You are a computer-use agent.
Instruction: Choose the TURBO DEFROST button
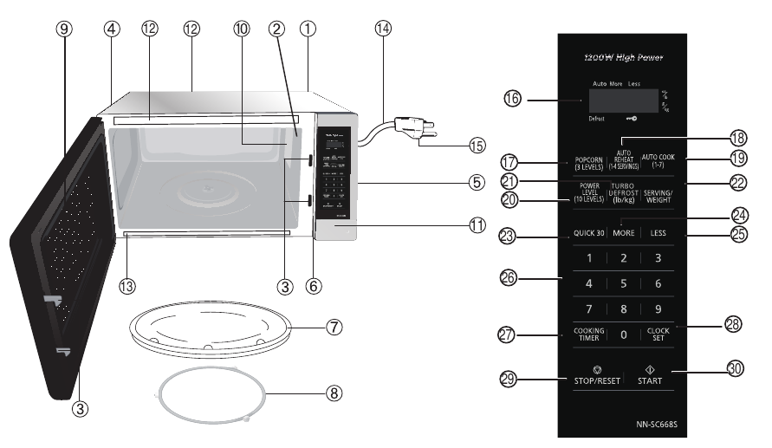(x=624, y=192)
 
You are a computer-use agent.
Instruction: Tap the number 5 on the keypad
(x=623, y=283)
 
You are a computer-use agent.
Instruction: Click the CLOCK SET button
(x=658, y=334)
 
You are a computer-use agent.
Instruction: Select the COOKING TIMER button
(x=588, y=334)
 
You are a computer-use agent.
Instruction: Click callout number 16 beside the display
(x=512, y=101)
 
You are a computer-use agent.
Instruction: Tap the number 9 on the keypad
(x=658, y=308)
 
